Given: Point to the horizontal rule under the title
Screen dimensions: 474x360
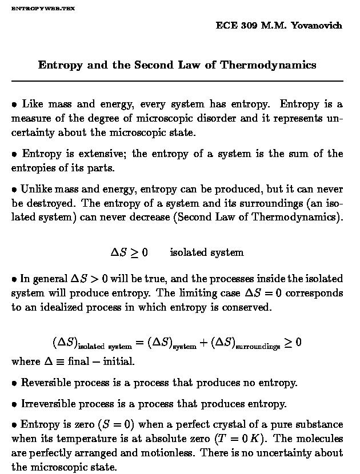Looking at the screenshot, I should pyautogui.click(x=177, y=81).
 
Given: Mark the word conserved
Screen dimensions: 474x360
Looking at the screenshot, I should pyautogui.click(x=246, y=307).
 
